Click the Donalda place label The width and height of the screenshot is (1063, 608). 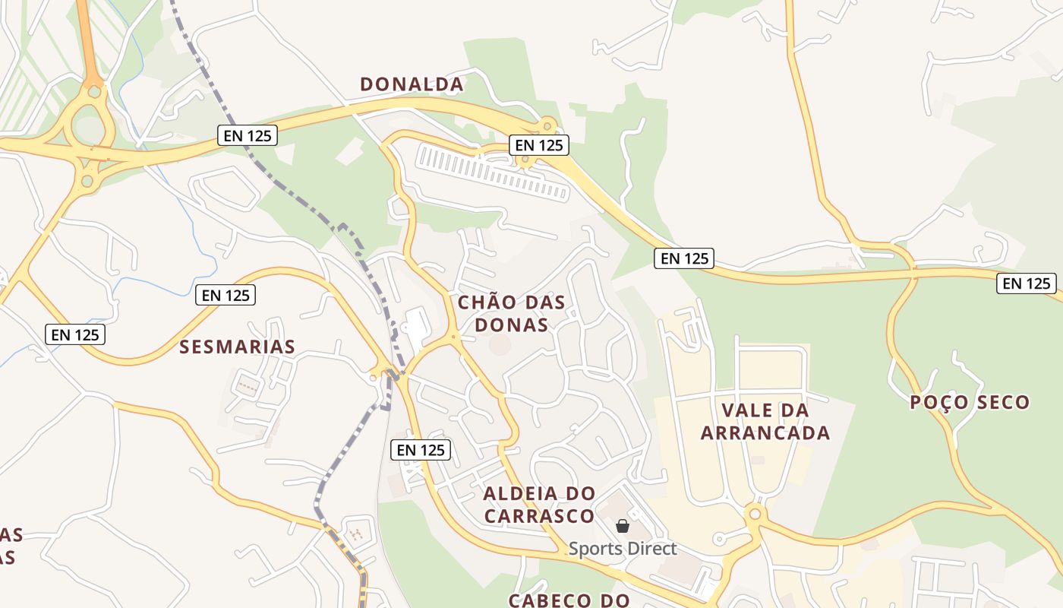pos(412,84)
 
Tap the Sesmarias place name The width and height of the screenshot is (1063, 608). pos(237,347)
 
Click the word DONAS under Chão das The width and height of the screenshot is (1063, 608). pos(512,325)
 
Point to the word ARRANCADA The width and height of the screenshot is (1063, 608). pos(765,433)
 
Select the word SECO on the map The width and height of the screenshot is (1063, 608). pos(1001,403)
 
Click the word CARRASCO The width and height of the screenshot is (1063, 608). pos(539,516)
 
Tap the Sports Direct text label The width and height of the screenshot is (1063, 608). pos(623,548)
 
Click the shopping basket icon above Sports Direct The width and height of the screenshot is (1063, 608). pos(623,526)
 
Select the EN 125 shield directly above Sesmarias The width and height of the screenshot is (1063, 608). pos(226,295)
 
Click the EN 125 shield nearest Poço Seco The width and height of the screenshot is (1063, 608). pos(1027,283)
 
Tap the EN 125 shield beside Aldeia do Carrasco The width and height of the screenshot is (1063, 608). pos(421,450)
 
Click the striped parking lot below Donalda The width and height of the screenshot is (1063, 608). pos(494,173)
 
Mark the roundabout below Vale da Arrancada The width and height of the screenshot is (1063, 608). pos(754,514)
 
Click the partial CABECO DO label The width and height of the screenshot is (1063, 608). pos(569,600)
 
